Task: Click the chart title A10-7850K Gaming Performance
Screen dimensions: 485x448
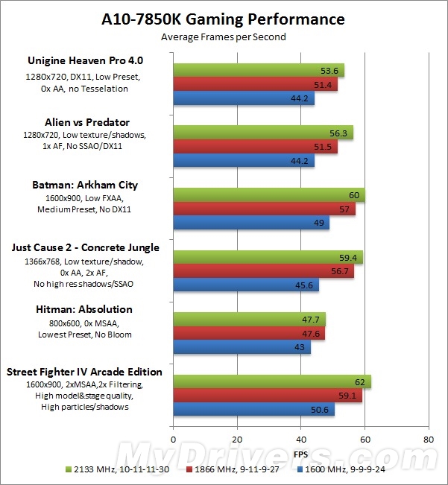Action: (224, 19)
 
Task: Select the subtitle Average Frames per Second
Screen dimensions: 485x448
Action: (224, 37)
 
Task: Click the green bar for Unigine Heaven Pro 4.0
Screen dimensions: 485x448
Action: (258, 71)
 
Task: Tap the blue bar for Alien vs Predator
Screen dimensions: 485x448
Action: (243, 161)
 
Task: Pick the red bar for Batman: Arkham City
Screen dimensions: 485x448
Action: (264, 209)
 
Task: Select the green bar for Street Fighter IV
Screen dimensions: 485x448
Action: (271, 381)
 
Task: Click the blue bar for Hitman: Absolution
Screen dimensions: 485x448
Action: (242, 348)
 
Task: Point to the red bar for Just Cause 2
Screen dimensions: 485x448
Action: (263, 272)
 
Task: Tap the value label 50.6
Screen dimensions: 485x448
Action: (324, 409)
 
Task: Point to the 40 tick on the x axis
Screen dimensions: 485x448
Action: (301, 440)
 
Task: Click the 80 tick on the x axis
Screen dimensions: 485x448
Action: (429, 440)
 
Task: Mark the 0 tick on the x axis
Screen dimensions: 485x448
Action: (173, 440)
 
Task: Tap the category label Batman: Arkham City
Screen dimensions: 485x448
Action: (84, 186)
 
